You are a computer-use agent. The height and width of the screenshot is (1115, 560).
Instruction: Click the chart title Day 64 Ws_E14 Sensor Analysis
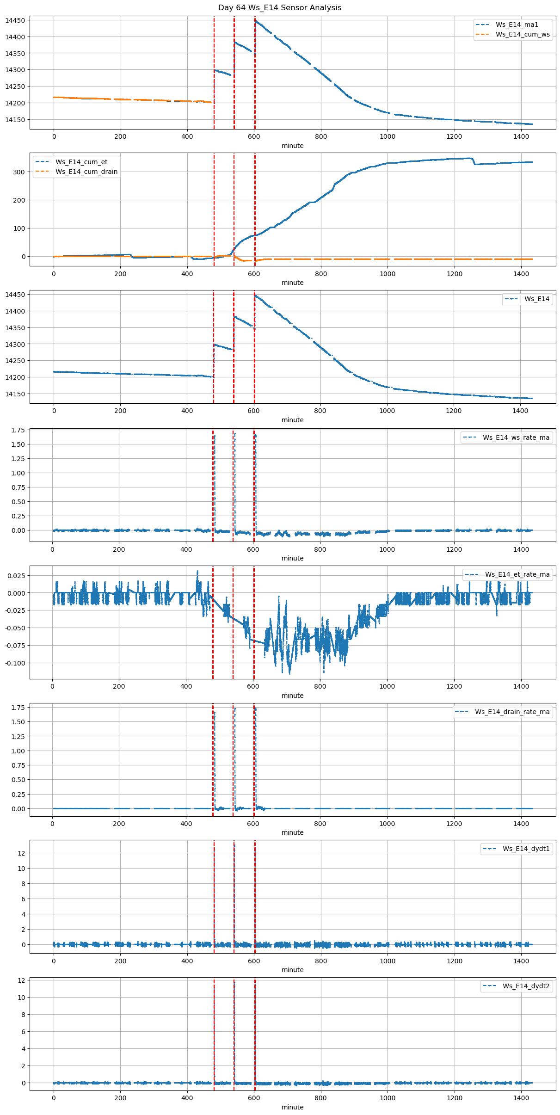[280, 8]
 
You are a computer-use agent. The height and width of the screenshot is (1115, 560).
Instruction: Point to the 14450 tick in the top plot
[15, 21]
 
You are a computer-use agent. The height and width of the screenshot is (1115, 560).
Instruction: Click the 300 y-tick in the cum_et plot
[19, 172]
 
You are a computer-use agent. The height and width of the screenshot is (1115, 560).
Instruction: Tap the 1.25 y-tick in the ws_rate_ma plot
[18, 459]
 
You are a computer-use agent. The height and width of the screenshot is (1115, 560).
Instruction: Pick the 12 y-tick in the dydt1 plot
[21, 853]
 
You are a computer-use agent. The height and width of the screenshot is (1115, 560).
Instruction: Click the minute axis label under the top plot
[293, 146]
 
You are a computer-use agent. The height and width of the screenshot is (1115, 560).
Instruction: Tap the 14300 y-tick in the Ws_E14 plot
[15, 345]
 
